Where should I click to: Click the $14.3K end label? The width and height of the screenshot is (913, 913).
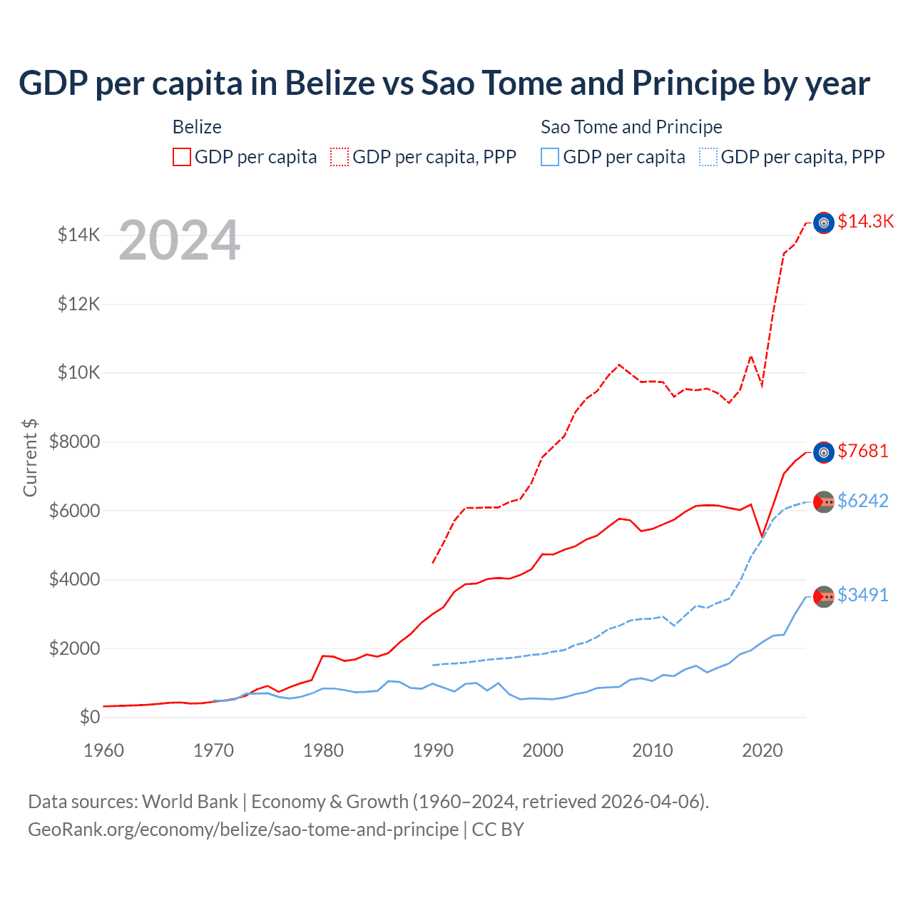[x=865, y=222]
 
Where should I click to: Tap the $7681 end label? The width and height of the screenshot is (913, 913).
[x=863, y=452]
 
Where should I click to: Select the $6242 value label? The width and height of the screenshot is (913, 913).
[x=863, y=501]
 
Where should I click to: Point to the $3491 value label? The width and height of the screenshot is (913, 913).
[x=863, y=596]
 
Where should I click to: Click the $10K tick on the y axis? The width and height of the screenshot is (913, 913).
[x=78, y=373]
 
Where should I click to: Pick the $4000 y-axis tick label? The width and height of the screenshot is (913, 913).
[x=74, y=579]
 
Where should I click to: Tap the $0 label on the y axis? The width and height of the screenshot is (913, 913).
[x=89, y=717]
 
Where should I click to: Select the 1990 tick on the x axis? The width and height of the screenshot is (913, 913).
[x=433, y=750]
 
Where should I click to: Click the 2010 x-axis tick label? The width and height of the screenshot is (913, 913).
[x=653, y=750]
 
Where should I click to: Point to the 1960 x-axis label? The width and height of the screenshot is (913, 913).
[x=104, y=750]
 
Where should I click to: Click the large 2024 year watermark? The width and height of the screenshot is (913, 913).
[x=179, y=240]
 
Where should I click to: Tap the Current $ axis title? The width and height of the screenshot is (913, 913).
[x=30, y=457]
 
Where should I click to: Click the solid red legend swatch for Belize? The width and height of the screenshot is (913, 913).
[x=182, y=157]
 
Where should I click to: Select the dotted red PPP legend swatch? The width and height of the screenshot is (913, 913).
[x=340, y=157]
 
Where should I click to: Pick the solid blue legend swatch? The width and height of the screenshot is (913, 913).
[x=550, y=157]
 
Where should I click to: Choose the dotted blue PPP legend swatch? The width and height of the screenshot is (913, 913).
[x=708, y=157]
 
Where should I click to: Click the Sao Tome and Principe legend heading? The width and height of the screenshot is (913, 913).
[x=631, y=127]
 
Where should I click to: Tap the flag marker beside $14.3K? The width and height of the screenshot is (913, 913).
[x=824, y=223]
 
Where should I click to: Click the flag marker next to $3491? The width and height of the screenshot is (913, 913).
[x=824, y=596]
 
